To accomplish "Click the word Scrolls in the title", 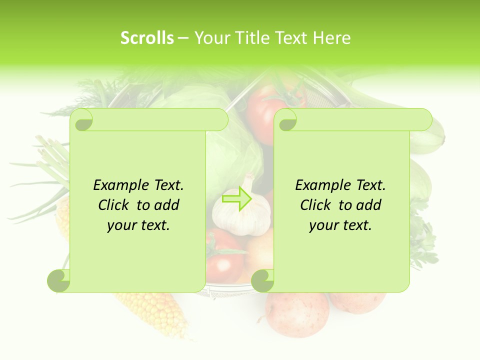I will pyautogui.click(x=147, y=38).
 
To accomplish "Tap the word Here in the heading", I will pyautogui.click(x=332, y=38).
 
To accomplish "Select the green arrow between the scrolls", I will pyautogui.click(x=237, y=198).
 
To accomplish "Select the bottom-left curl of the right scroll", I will pyautogui.click(x=262, y=280).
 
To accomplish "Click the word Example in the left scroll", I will pyautogui.click(x=118, y=185).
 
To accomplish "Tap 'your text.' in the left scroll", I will pyautogui.click(x=138, y=225).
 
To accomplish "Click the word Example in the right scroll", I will pyautogui.click(x=320, y=185).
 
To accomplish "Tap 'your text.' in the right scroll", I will pyautogui.click(x=340, y=225).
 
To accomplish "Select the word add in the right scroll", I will pyautogui.click(x=368, y=205).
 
